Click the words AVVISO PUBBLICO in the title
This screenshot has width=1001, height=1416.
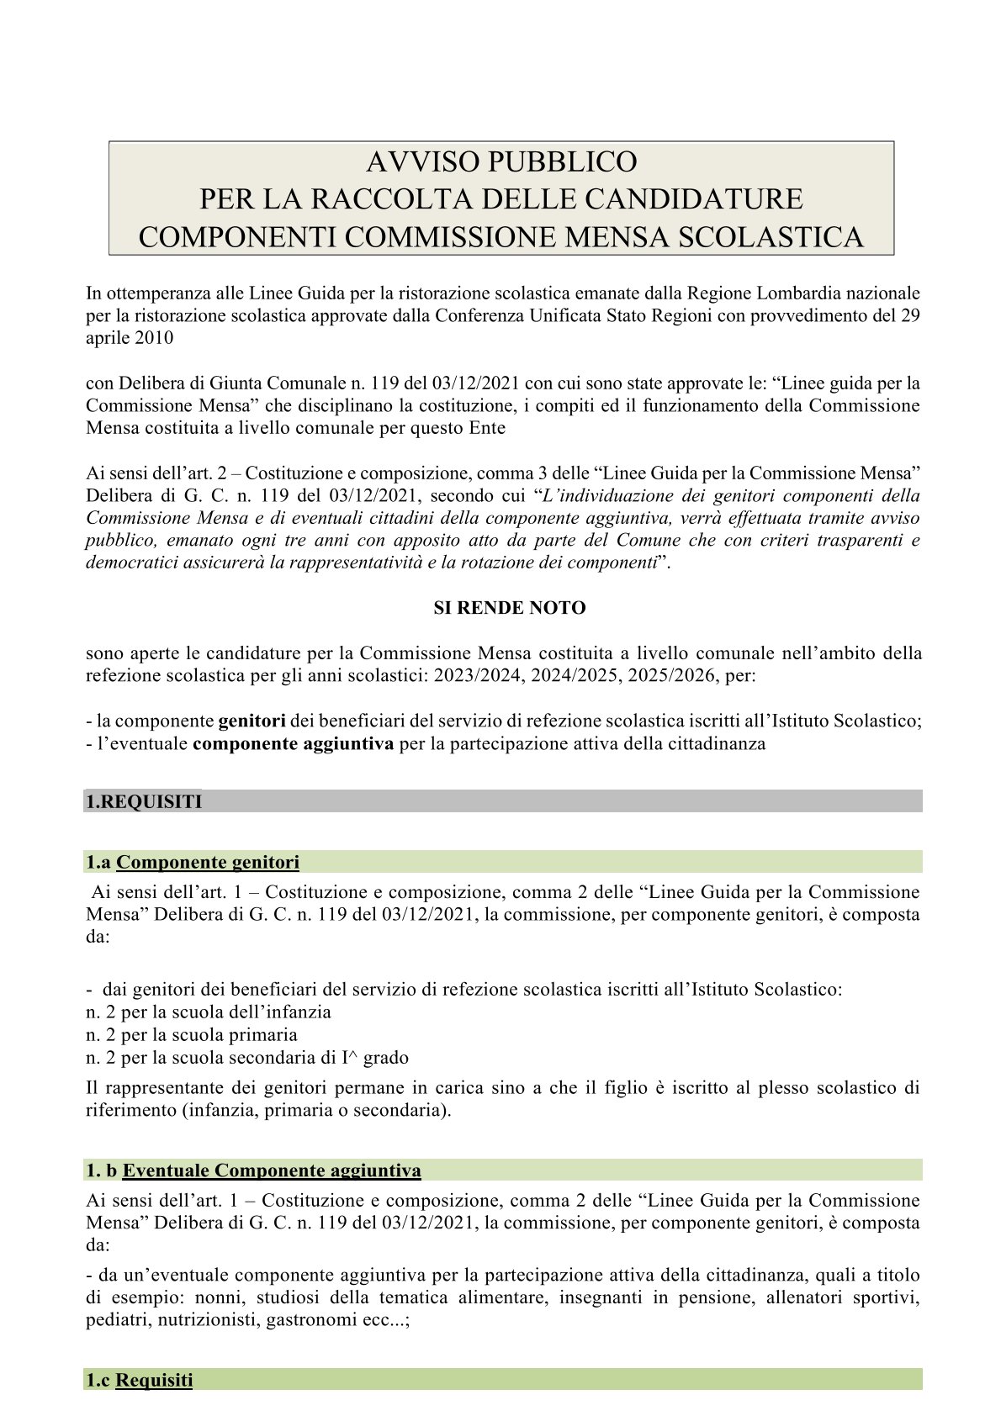coord(501,161)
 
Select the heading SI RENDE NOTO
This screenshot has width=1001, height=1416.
coord(509,608)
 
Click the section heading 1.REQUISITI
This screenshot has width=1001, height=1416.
coord(144,801)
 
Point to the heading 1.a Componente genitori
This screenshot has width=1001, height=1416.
coord(193,862)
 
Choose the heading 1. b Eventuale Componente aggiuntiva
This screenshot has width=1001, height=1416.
coord(253,1170)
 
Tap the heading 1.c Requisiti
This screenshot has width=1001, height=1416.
coord(140,1380)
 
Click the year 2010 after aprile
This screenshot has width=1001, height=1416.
coord(151,338)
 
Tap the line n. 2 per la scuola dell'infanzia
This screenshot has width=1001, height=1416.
coord(209,1012)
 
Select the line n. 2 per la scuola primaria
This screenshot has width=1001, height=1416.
coord(192,1034)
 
